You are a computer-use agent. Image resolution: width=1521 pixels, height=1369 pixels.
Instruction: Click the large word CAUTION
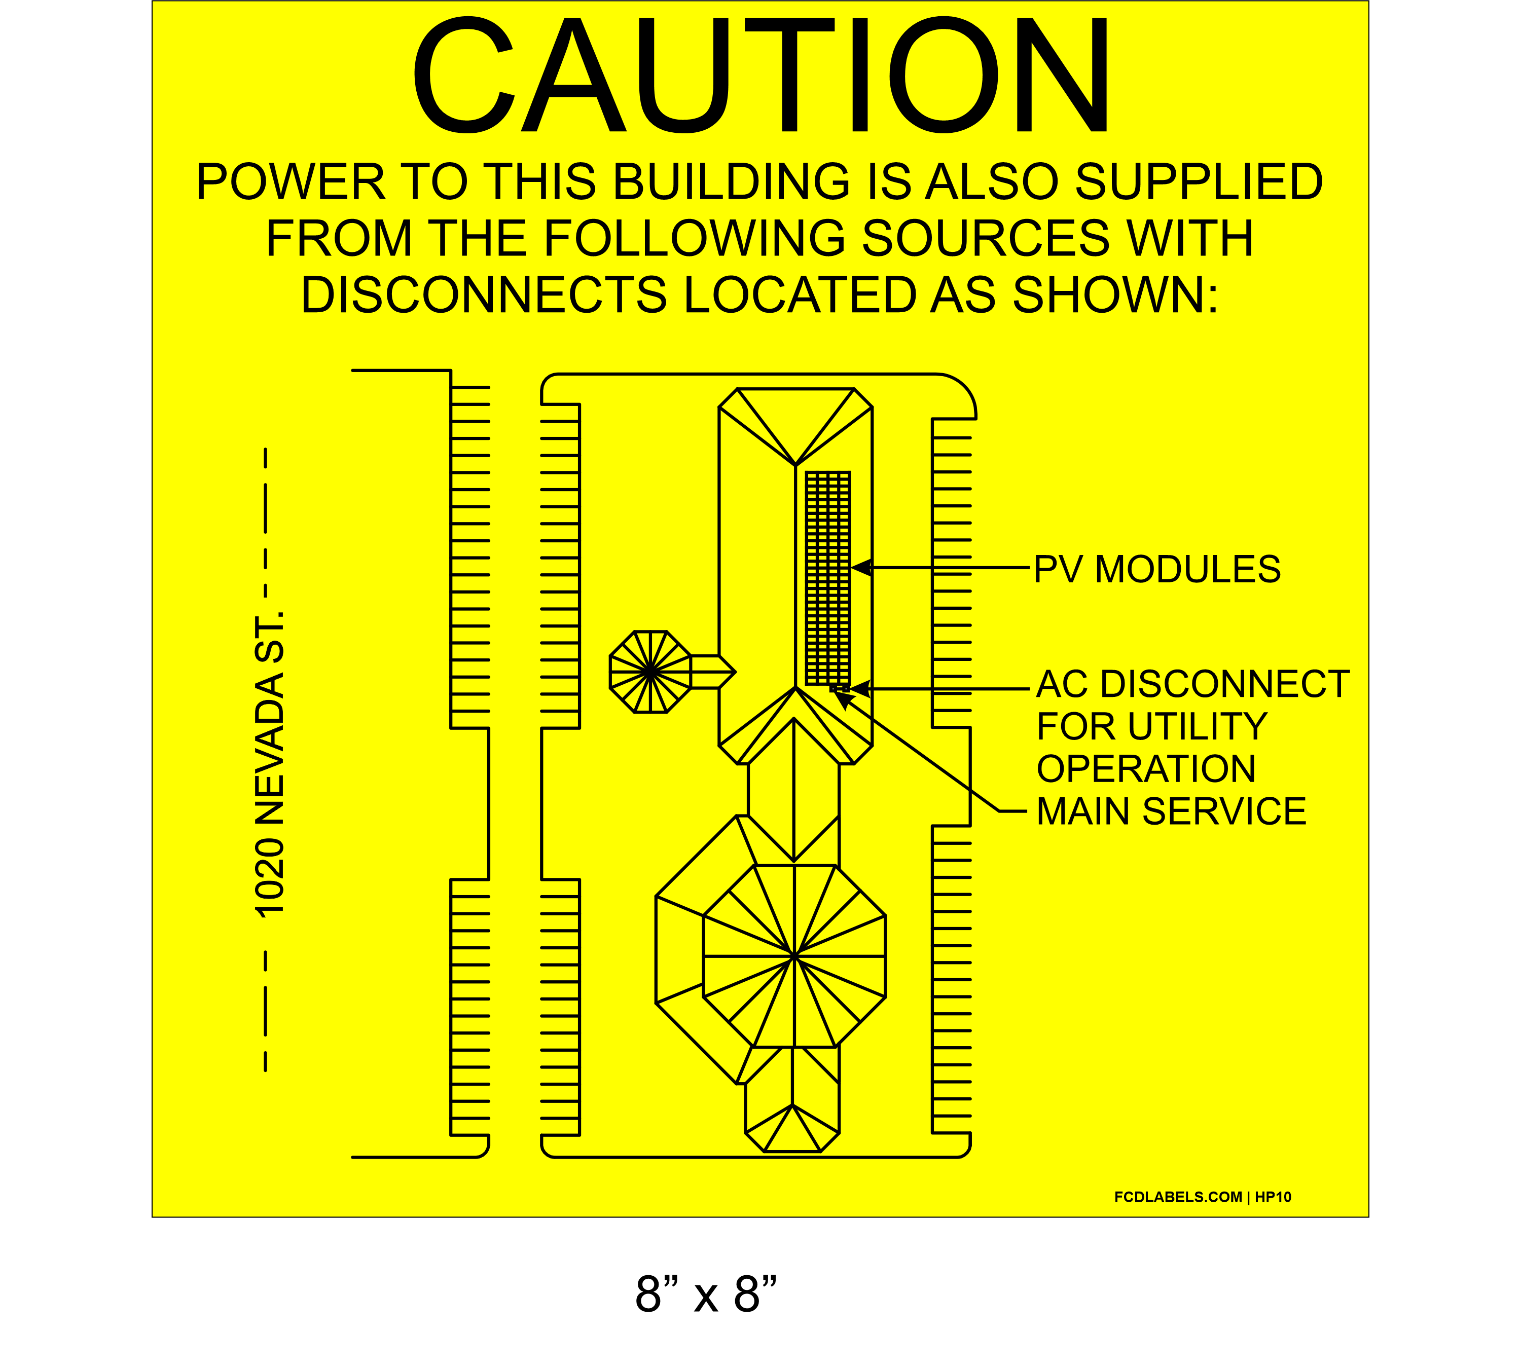(760, 75)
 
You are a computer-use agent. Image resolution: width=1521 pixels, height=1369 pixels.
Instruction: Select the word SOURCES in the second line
(986, 238)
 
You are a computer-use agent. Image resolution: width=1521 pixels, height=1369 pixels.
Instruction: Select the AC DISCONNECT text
(1193, 684)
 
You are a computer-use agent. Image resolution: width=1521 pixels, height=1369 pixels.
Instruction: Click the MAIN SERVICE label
(1171, 811)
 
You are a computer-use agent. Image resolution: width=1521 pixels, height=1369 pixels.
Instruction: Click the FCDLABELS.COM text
(1178, 1197)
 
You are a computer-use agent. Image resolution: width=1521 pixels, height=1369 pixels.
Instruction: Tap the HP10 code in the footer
(1273, 1197)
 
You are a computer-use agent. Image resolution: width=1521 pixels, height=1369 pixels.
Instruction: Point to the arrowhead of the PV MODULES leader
(860, 568)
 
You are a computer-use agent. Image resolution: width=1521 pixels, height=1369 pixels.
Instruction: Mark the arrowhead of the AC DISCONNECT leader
(860, 688)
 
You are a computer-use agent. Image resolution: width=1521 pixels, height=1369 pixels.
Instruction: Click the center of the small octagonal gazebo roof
(649, 671)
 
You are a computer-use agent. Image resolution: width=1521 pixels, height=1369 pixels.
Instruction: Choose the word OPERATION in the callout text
(1146, 769)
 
